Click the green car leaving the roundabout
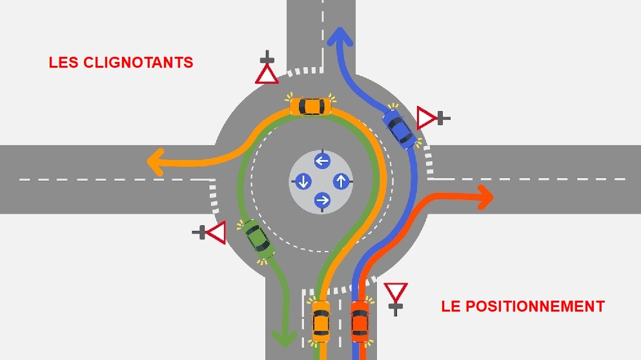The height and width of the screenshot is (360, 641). point(259,239)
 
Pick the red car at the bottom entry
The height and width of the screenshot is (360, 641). point(360,321)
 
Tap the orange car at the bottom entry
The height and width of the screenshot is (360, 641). point(321,321)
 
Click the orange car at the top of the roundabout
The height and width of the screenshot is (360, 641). point(311,105)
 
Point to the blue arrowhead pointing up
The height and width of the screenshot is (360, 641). point(340,37)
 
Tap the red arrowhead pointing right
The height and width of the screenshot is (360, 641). point(484,196)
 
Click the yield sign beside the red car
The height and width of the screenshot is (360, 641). point(395,294)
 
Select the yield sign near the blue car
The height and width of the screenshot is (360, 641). point(427,118)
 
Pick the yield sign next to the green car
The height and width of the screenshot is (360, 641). point(215,232)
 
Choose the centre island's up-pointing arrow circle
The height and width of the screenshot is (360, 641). point(341,181)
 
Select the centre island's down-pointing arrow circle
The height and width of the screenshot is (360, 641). point(303,181)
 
